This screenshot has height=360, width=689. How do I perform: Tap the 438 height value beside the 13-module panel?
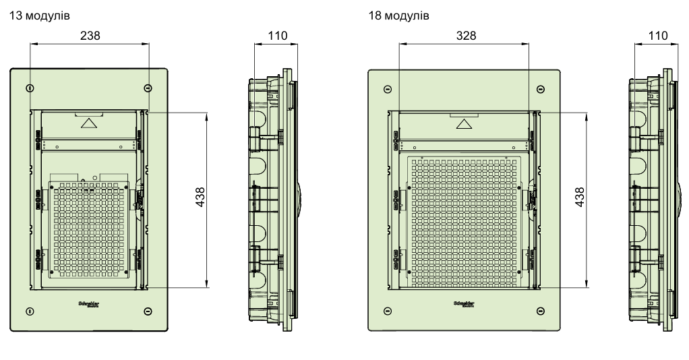click(x=200, y=199)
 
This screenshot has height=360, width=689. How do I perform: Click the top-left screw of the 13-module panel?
click(x=29, y=88)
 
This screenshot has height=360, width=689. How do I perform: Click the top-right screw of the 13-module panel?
click(x=148, y=88)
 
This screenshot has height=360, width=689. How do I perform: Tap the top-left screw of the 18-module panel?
click(x=387, y=88)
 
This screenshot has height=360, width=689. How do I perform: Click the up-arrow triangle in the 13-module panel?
click(x=89, y=123)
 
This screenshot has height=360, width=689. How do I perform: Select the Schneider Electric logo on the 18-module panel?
click(x=465, y=303)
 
